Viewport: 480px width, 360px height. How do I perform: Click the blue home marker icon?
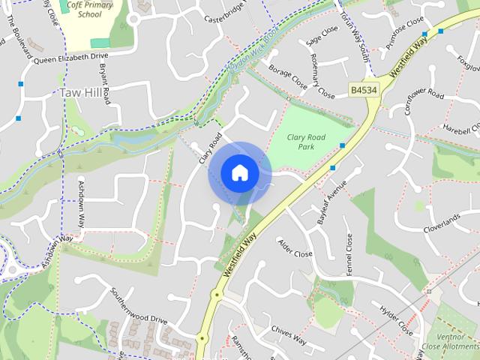click(239, 173)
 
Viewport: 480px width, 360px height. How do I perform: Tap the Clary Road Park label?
click(306, 142)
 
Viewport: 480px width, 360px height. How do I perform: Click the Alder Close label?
click(295, 249)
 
